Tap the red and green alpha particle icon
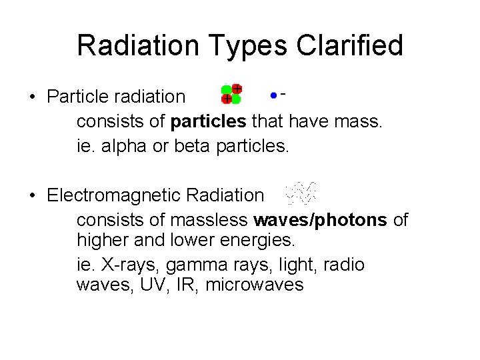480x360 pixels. (x=231, y=94)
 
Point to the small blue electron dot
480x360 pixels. (x=273, y=95)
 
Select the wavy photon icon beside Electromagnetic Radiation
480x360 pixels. (x=300, y=193)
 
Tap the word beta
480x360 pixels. (x=193, y=145)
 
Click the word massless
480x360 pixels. (x=211, y=220)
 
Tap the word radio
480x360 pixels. (x=344, y=265)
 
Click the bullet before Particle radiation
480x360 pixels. (x=32, y=97)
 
